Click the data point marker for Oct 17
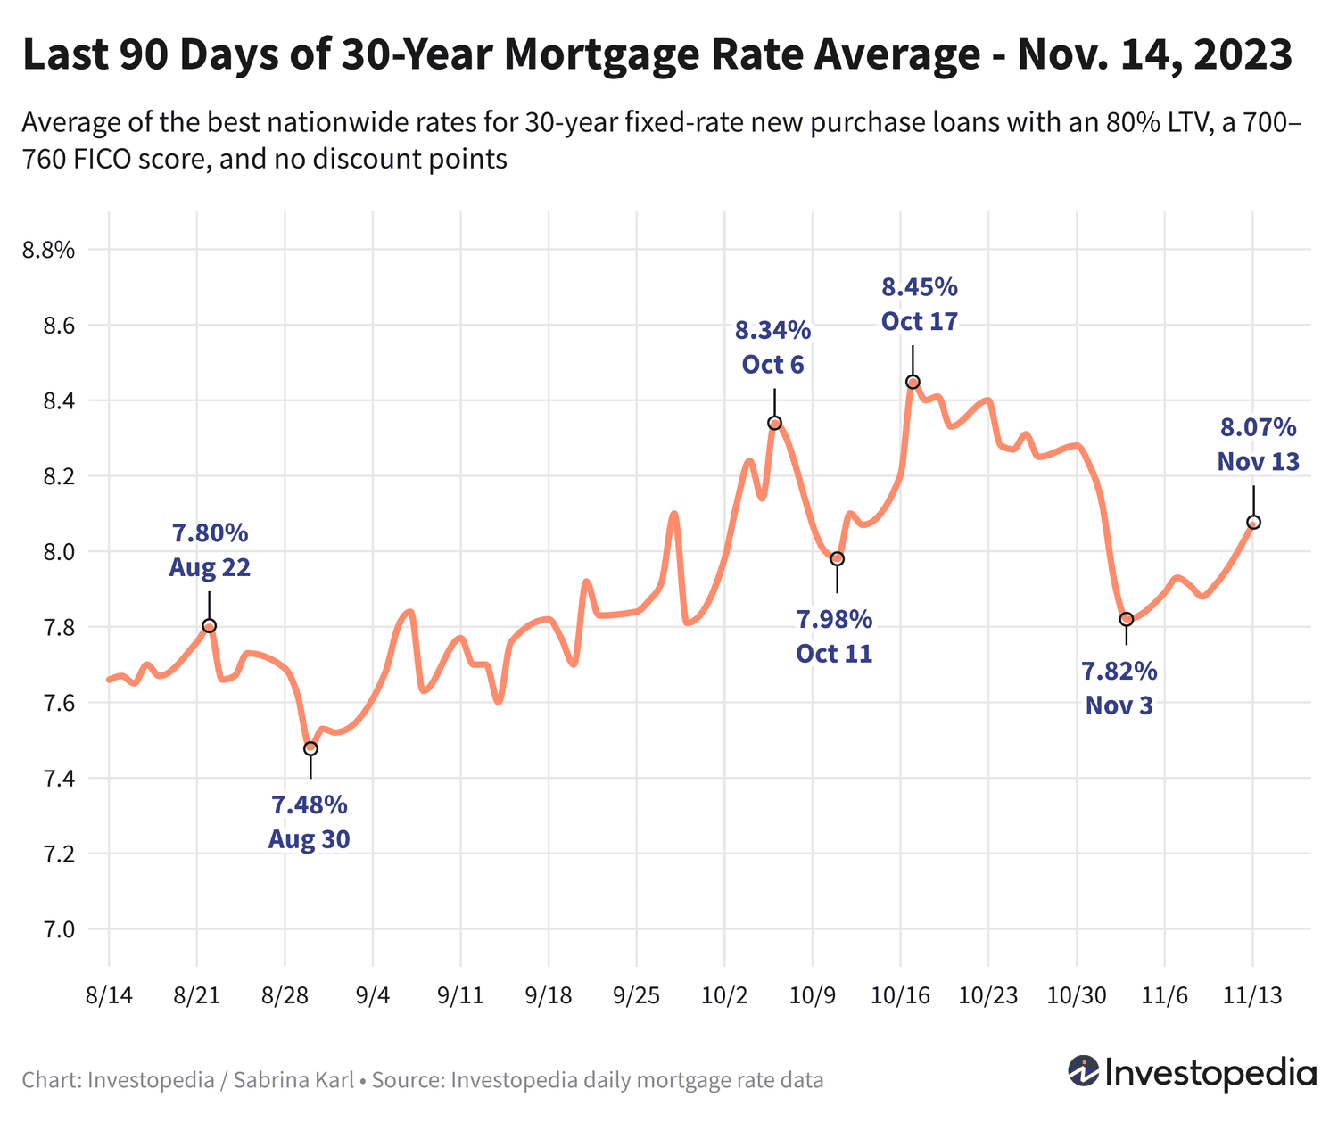coord(913,382)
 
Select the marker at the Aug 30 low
coord(310,748)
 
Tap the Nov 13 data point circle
coord(1253,522)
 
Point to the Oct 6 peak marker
coord(774,423)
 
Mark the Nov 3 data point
coord(1126,619)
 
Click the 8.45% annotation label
coord(919,287)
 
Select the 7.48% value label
coord(310,805)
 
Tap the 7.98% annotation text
coord(834,619)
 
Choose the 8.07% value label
coord(1258,428)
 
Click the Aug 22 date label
coord(210,568)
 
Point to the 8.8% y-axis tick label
coord(48,251)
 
